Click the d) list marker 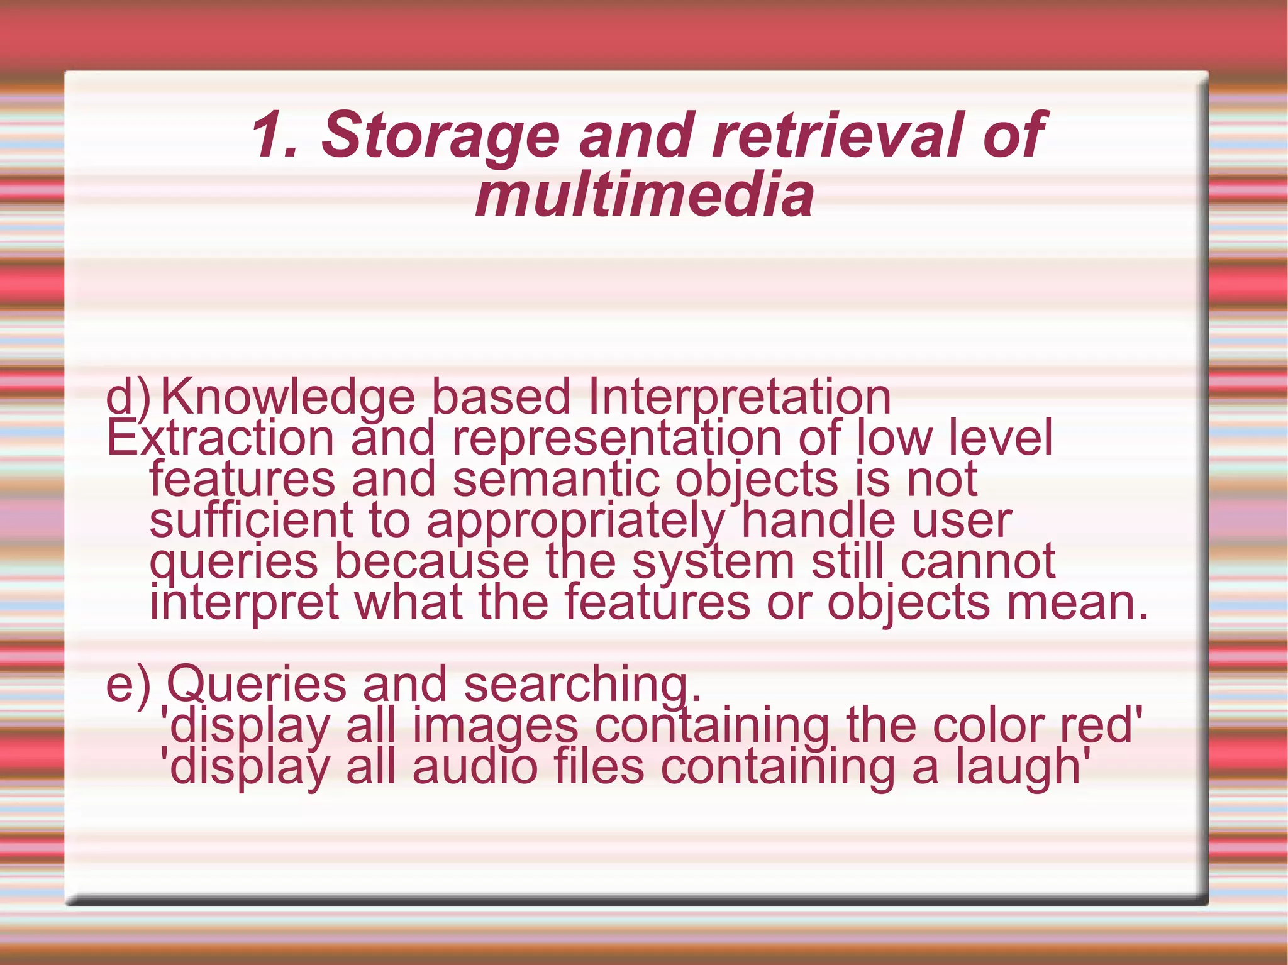(128, 397)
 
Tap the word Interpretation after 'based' (739, 398)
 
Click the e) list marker (128, 684)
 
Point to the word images (495, 727)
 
